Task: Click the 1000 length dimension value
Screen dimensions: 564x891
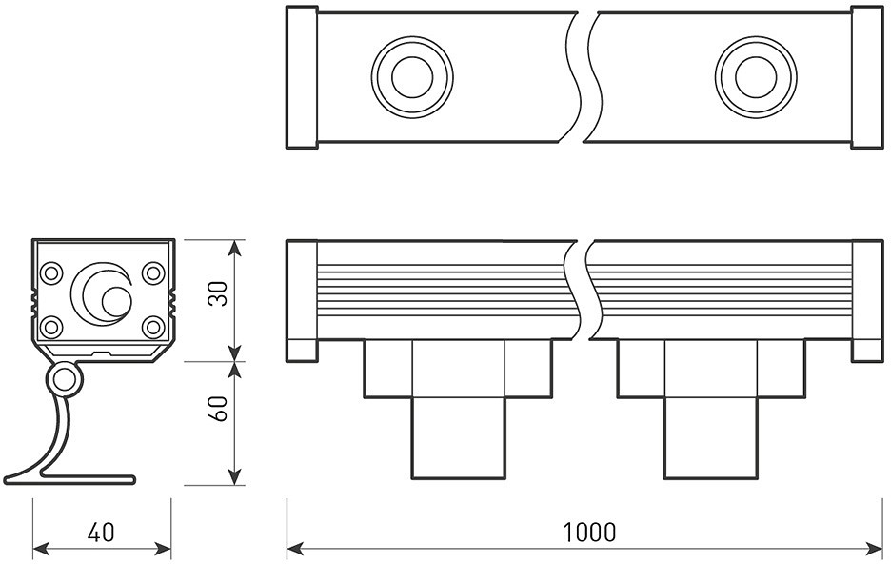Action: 589,532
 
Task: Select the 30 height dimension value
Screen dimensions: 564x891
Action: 218,294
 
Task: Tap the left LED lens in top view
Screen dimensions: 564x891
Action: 411,77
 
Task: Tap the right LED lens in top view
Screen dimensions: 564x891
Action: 756,77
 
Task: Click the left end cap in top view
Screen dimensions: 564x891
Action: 302,77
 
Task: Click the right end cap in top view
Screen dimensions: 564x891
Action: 866,77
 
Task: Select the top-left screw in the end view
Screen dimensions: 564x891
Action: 52,273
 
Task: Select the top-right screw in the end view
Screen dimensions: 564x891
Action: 152,273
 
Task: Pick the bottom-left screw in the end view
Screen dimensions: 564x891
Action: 52,327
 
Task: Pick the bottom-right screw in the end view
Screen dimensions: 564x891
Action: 152,327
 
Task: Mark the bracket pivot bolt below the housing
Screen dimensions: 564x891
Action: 64,380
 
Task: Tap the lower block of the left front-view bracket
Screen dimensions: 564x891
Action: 458,438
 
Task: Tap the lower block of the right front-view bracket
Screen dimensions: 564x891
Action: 710,438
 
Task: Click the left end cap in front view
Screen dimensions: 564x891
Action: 302,300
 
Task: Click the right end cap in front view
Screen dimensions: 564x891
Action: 866,300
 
